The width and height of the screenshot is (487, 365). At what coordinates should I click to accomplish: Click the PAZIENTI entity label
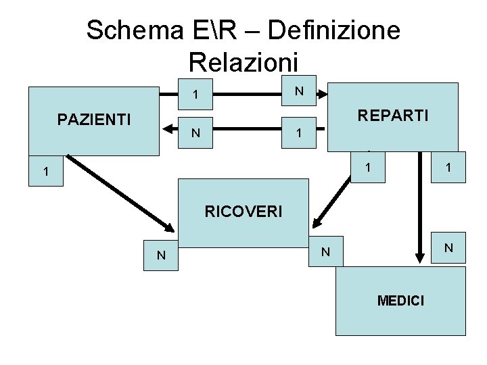[x=94, y=120]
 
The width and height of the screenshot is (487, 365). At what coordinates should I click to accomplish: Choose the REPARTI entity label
[x=393, y=116]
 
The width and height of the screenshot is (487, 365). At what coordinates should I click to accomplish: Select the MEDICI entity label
[x=401, y=300]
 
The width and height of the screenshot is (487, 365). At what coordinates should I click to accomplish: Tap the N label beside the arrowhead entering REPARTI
[x=298, y=91]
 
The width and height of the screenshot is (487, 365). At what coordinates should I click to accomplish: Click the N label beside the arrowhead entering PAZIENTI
[x=195, y=133]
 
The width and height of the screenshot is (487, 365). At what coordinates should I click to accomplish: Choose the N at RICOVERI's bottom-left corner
[x=161, y=255]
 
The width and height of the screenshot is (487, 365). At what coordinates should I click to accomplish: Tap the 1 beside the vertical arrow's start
[x=446, y=167]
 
